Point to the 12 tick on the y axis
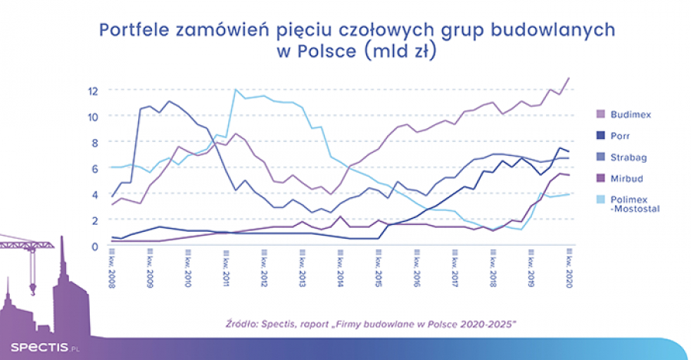(93, 90)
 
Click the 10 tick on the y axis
(93, 116)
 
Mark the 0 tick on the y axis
(95, 246)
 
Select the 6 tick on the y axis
(95, 168)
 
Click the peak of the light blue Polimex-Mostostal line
(235, 90)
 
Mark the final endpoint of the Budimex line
(569, 78)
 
